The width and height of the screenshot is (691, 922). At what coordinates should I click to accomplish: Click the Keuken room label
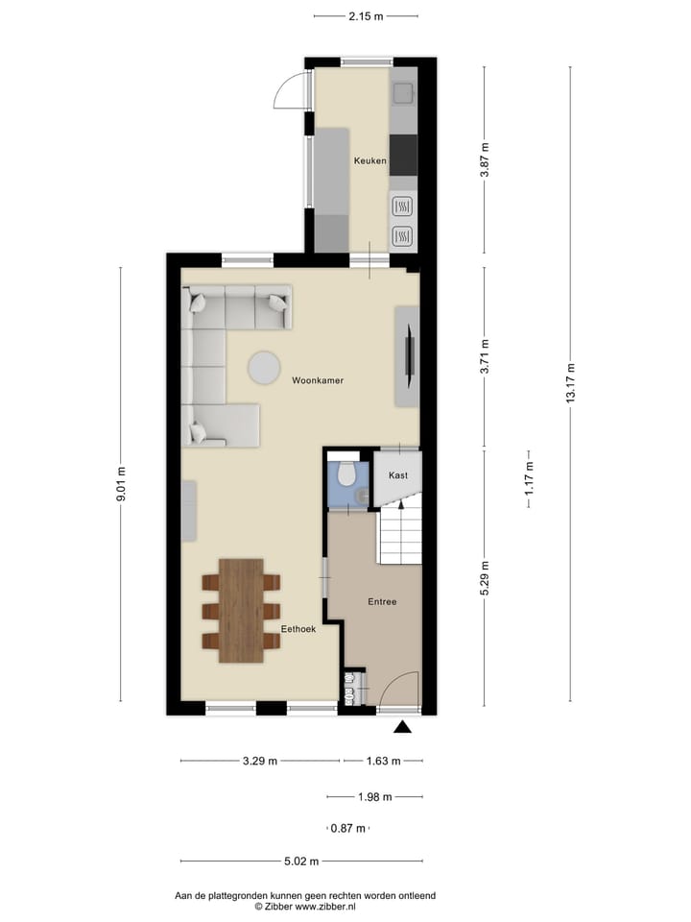[x=369, y=160]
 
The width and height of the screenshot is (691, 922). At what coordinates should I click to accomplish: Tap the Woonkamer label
[x=318, y=380]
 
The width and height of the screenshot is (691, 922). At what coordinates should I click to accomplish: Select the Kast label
[x=398, y=475]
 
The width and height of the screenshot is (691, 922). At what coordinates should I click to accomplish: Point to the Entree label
[x=382, y=602]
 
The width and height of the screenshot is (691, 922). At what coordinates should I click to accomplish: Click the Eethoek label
[x=298, y=629]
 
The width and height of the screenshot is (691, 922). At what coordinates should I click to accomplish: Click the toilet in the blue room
[x=345, y=474]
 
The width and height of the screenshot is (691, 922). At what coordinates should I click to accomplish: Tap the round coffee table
[x=264, y=367]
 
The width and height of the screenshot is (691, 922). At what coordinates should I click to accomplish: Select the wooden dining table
[x=241, y=611]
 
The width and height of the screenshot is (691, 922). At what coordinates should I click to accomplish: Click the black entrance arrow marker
[x=403, y=727]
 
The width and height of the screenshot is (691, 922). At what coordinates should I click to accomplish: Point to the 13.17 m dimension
[x=570, y=384]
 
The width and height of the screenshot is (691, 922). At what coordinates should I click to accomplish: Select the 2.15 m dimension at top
[x=366, y=16]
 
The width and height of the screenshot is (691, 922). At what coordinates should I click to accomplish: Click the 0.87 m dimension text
[x=347, y=829]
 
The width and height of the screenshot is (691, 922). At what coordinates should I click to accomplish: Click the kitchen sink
[x=403, y=94]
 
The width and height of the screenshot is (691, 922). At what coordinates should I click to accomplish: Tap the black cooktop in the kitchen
[x=403, y=155]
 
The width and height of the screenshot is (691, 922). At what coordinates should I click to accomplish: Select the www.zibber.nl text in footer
[x=324, y=906]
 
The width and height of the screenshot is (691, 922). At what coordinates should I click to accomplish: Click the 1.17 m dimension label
[x=529, y=478]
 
